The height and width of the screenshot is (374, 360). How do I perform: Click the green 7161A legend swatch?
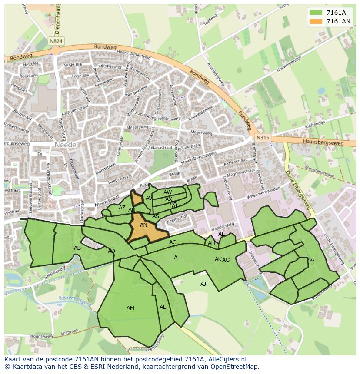(316, 13)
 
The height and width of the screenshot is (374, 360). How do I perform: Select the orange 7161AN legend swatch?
(316, 21)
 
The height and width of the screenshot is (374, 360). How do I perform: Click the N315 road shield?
(262, 138)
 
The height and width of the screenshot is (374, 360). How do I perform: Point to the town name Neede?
(66, 144)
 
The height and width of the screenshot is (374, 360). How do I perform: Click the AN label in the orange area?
(143, 225)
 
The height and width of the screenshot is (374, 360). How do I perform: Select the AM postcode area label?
(130, 308)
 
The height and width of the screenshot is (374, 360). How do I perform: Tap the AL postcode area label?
(163, 307)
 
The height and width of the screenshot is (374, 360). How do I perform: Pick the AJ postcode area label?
(203, 284)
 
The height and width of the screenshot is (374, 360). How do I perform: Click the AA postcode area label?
(310, 260)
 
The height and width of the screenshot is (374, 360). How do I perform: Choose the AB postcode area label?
(77, 248)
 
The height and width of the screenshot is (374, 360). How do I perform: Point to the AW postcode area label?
(167, 192)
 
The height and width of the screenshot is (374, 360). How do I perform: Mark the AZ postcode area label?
(122, 208)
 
